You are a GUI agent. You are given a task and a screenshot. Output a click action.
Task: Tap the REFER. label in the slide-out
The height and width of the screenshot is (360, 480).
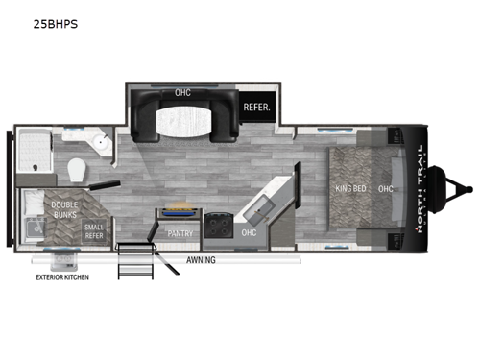click(x=255, y=108)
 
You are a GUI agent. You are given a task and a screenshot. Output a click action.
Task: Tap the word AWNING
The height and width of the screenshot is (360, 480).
click(x=200, y=260)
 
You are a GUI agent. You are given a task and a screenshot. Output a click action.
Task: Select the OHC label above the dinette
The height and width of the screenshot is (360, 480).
click(x=182, y=93)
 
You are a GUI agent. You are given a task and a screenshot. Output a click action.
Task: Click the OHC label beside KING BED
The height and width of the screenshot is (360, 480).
click(x=386, y=188)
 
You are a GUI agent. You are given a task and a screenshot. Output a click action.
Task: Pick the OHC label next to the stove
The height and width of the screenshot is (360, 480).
click(x=249, y=232)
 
